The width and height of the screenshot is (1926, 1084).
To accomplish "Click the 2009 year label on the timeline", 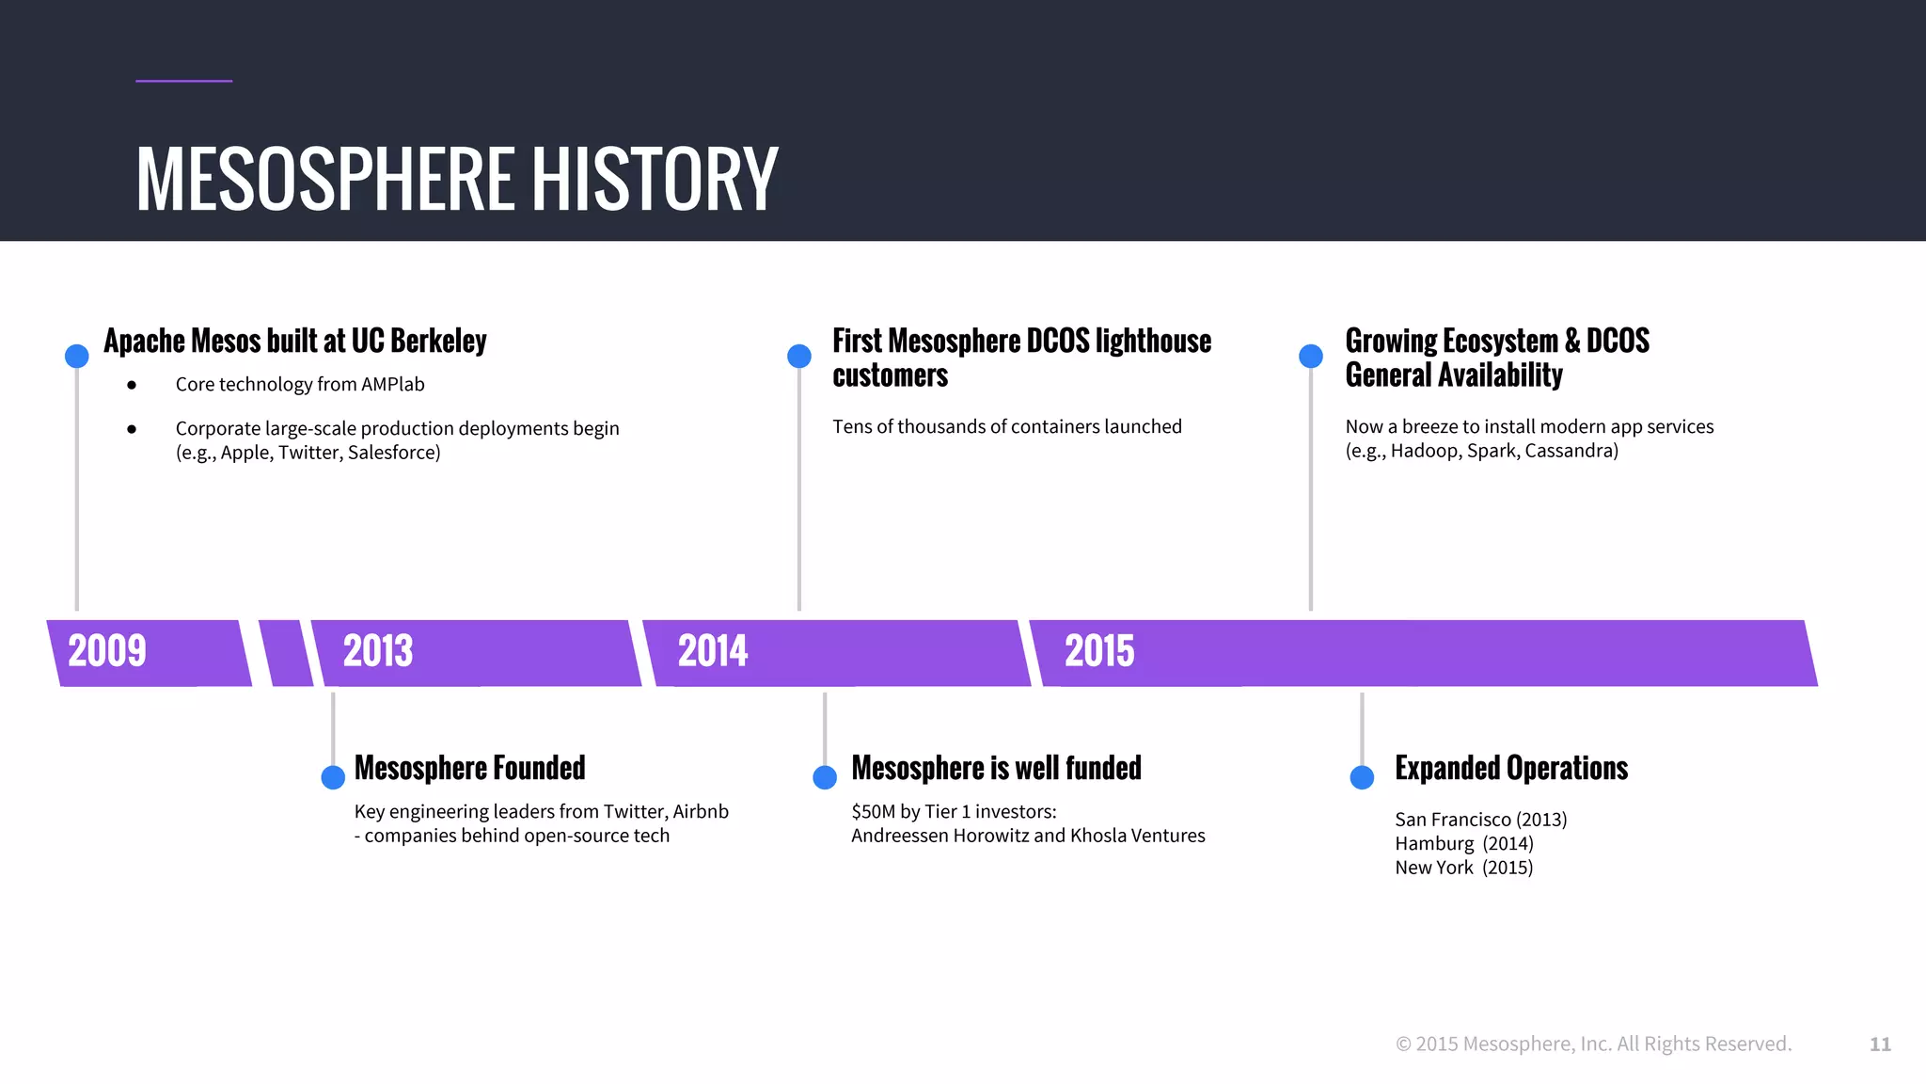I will pyautogui.click(x=107, y=651).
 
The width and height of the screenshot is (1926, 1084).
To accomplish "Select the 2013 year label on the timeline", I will pyautogui.click(x=378, y=651).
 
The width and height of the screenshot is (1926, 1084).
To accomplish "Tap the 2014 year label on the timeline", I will pyautogui.click(x=713, y=651).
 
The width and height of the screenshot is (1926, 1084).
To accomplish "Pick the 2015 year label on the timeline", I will pyautogui.click(x=1099, y=651).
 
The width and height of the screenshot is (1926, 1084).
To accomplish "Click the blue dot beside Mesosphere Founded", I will pyautogui.click(x=333, y=777).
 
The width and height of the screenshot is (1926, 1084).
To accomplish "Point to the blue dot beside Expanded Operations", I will pyautogui.click(x=1362, y=777).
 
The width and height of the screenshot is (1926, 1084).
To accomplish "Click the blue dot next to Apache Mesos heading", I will pyautogui.click(x=77, y=356).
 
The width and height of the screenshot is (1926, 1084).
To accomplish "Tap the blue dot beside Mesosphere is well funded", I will pyautogui.click(x=825, y=777).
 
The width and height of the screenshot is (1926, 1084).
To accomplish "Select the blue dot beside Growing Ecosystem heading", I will pyautogui.click(x=1311, y=356).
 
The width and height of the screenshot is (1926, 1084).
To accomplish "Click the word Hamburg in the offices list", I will pyautogui.click(x=1434, y=844).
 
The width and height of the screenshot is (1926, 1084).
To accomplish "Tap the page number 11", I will pyautogui.click(x=1880, y=1044).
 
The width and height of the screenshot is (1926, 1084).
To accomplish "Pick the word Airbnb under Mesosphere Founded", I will pyautogui.click(x=701, y=811).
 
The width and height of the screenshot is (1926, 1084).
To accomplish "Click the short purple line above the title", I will pyautogui.click(x=183, y=81).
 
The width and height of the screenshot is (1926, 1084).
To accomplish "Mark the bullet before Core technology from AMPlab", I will pyautogui.click(x=132, y=385).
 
